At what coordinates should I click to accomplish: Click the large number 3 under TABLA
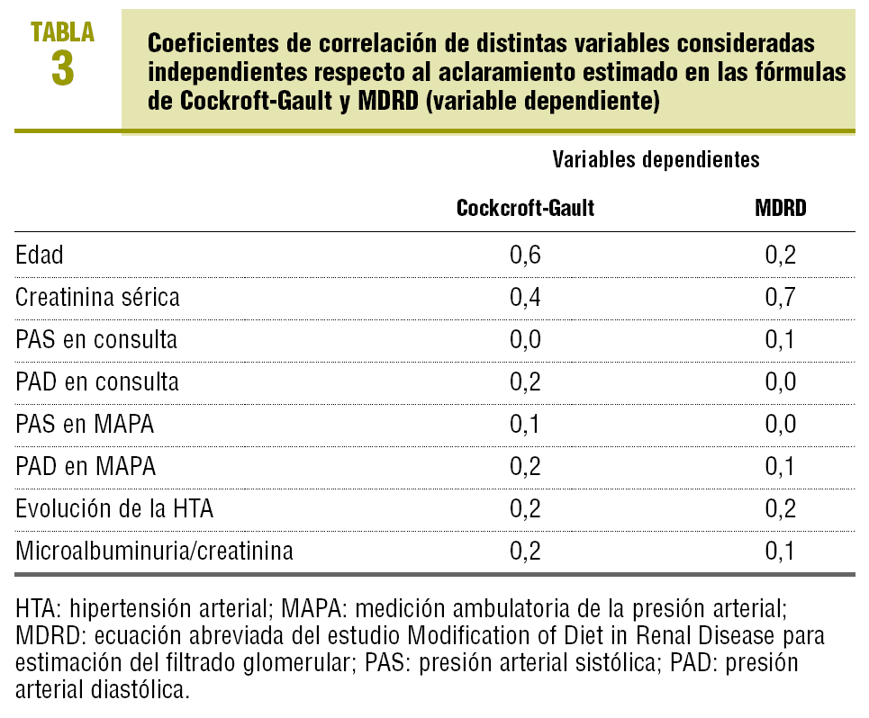tap(62, 68)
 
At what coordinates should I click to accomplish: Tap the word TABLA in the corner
tap(62, 31)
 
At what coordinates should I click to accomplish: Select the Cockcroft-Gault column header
tap(525, 209)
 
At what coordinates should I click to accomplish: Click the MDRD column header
tap(781, 209)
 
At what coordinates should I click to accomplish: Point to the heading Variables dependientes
tap(656, 160)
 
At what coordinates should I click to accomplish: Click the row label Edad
tap(40, 255)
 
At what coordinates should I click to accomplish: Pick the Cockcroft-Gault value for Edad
tap(526, 255)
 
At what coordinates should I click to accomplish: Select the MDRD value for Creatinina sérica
tap(781, 297)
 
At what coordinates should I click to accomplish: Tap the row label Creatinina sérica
tap(97, 297)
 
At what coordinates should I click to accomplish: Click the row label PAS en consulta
tap(96, 340)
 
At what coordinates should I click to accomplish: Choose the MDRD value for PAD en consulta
tap(781, 381)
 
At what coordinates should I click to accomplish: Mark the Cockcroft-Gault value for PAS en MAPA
tap(526, 424)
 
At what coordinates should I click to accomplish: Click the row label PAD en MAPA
tap(86, 466)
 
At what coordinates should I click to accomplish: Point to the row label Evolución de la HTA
tap(114, 508)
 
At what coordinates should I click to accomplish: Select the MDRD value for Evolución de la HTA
tap(781, 508)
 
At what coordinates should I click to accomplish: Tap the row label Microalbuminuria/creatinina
tap(154, 551)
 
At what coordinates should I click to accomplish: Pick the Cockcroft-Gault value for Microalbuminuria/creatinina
tap(526, 551)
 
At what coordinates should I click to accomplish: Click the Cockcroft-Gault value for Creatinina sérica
tap(526, 297)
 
